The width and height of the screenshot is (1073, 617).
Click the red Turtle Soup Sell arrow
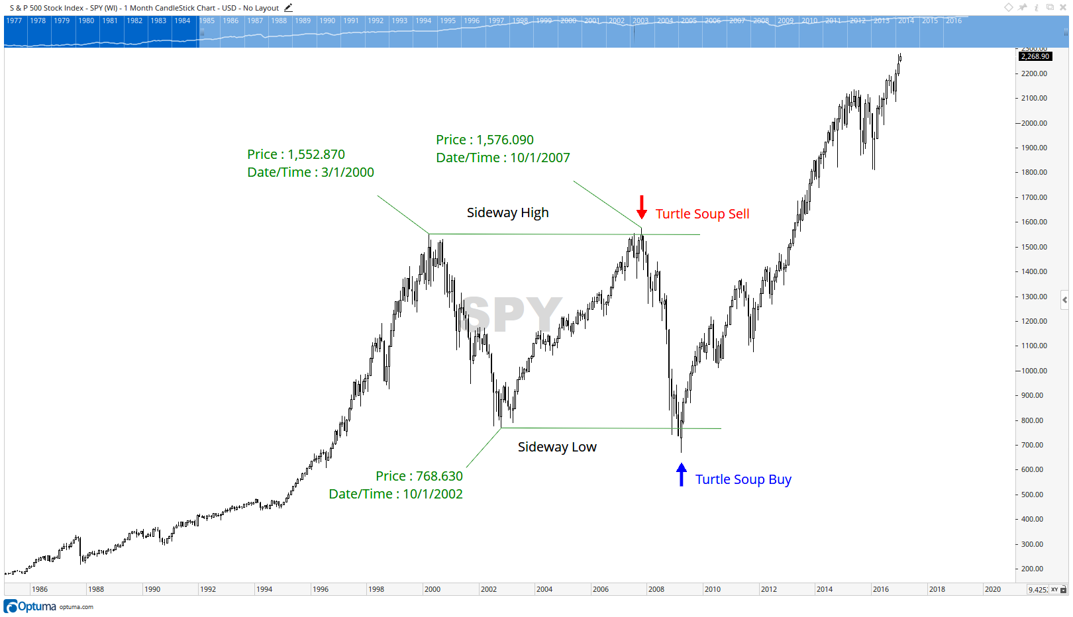point(641,207)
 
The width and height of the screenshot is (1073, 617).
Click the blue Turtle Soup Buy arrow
point(681,475)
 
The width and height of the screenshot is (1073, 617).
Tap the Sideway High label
point(507,213)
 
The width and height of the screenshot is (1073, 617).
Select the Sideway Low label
point(557,447)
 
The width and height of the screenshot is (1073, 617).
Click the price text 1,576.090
point(505,140)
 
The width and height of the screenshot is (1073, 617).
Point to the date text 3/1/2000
point(348,172)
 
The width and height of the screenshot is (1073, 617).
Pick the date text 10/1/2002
point(433,494)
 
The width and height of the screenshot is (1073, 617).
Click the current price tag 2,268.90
point(1035,56)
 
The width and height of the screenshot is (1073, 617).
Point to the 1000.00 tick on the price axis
point(1034,371)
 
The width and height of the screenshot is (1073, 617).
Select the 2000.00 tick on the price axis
point(1034,123)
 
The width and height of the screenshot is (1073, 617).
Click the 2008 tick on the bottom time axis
point(656,589)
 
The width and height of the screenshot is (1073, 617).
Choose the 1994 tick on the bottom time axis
point(264,589)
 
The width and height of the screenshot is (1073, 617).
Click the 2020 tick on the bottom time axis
point(992,589)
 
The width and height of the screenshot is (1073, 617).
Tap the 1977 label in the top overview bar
point(14,21)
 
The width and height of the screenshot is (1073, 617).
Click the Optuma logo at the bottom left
point(30,606)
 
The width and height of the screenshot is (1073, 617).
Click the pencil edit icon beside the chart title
point(288,8)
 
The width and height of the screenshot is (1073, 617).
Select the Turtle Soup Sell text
point(702,214)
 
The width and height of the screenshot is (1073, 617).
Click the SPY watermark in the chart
point(512,314)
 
